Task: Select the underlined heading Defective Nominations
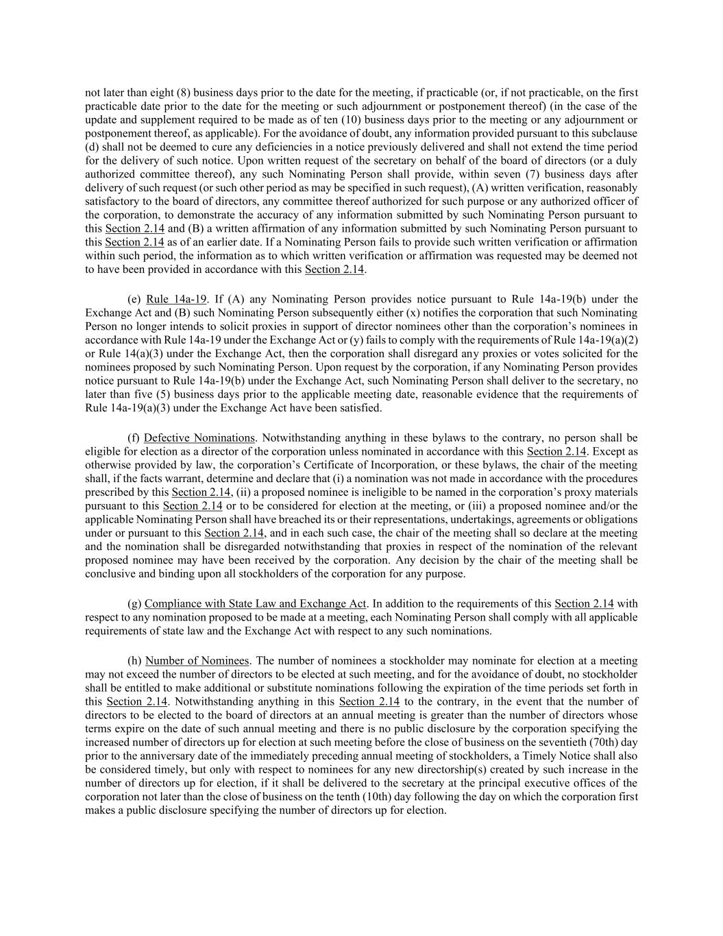199,437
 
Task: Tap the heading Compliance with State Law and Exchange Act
256,603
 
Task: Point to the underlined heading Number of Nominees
197,660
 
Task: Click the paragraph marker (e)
134,299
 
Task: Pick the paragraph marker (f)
134,437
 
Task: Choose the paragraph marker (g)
134,603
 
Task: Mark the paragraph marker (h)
134,660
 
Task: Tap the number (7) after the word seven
532,174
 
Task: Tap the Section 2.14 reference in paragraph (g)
584,603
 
